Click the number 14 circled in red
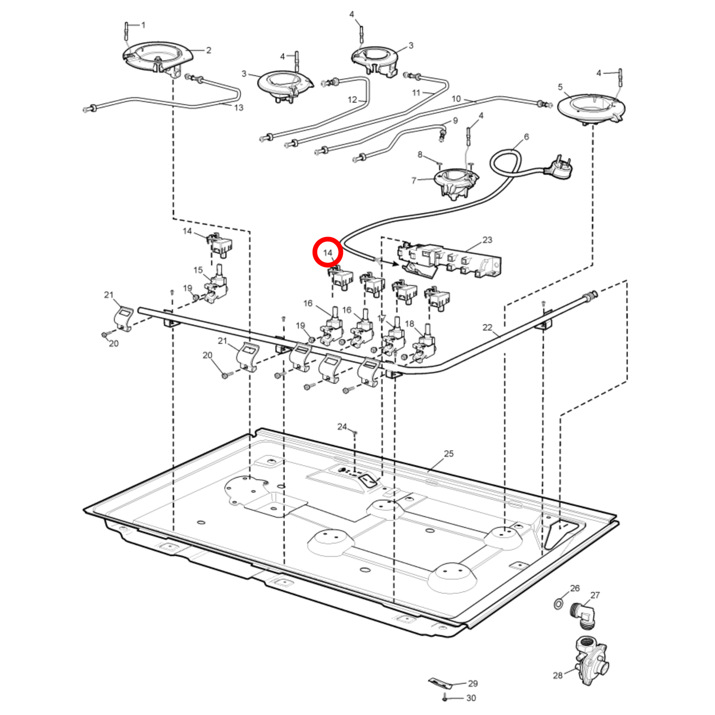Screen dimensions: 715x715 pos(328,253)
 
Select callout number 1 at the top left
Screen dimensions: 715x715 pos(143,25)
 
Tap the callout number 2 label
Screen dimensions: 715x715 pos(209,50)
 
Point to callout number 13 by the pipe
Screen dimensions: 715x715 pos(238,107)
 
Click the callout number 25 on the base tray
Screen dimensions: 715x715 pos(448,453)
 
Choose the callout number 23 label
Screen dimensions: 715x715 pos(487,240)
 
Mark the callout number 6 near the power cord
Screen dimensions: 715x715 pos(526,137)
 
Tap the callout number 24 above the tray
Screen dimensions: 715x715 pos(342,427)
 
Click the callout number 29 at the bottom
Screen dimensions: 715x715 pos(473,683)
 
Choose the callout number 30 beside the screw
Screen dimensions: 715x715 pos(471,698)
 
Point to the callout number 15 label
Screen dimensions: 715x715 pos(198,270)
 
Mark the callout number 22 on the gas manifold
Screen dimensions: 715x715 pos(487,327)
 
